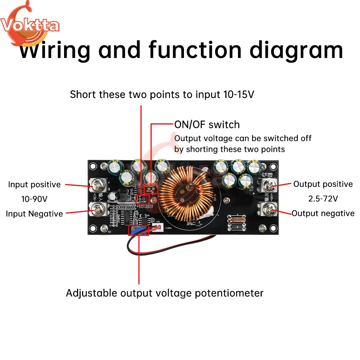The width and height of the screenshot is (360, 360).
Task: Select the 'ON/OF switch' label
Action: [207, 125]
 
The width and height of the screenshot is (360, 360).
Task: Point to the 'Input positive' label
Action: [35, 184]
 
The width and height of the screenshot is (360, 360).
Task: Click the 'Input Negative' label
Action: [35, 213]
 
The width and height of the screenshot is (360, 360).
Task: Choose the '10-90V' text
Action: [35, 199]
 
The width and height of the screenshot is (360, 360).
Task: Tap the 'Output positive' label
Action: [323, 184]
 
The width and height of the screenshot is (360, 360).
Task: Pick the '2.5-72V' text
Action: [323, 198]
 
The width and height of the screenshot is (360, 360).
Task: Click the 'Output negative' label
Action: [323, 213]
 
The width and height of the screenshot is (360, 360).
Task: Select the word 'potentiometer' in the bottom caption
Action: [229, 293]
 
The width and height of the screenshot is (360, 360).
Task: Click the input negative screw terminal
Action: [98, 208]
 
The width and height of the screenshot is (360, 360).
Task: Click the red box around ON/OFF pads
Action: [151, 189]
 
